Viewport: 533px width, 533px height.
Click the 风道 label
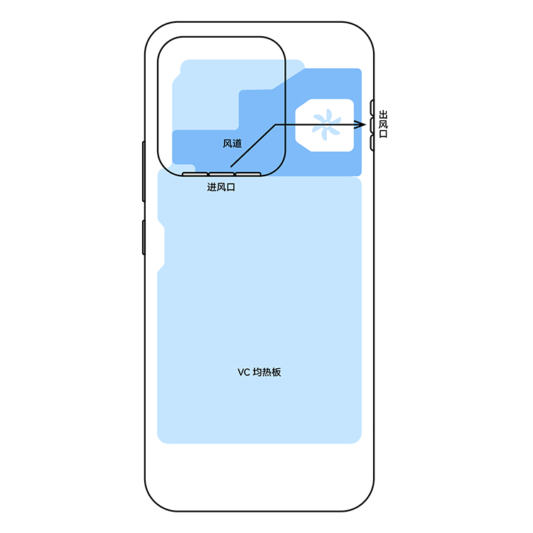232,144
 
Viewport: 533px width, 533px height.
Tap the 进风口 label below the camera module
221,187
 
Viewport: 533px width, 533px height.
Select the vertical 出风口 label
383,124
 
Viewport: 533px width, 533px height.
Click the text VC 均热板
259,372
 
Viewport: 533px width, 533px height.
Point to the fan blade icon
326,125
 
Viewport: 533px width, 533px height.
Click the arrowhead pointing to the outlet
360,125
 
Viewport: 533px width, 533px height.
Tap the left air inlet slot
195,174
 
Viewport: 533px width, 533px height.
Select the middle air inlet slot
221,174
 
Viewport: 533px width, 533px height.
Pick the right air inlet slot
248,174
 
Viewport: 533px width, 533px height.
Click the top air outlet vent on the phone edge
372,107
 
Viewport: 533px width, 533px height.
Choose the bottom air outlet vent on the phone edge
372,143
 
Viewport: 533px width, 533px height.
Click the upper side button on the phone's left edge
144,171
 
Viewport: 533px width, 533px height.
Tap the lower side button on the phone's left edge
144,237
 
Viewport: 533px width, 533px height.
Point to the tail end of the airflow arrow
231,166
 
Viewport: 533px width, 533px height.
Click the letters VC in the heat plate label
244,372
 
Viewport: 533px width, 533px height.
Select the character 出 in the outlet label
383,114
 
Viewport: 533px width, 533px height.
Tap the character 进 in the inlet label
212,187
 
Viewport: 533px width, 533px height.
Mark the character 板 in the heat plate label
276,372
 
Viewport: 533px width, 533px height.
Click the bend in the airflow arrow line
275,125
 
